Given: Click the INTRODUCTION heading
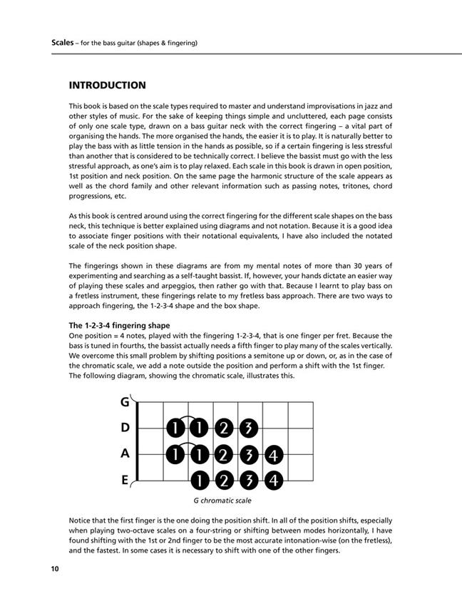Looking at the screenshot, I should tap(107, 86).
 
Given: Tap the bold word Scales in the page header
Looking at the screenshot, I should tap(63, 43).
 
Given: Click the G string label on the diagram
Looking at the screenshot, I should tap(124, 402).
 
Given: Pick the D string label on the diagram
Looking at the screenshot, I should tap(124, 428).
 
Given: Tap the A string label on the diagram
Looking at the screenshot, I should tap(124, 453).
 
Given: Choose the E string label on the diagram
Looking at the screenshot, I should tap(124, 480).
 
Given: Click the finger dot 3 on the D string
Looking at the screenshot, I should tap(247, 428).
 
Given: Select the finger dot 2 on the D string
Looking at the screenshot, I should tap(222, 428).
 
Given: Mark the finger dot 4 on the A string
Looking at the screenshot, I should tap(272, 454).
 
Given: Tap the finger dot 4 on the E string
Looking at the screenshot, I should tap(272, 480).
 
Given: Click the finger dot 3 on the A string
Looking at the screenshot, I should tap(247, 454).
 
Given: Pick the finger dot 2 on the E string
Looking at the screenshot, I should tap(222, 480).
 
